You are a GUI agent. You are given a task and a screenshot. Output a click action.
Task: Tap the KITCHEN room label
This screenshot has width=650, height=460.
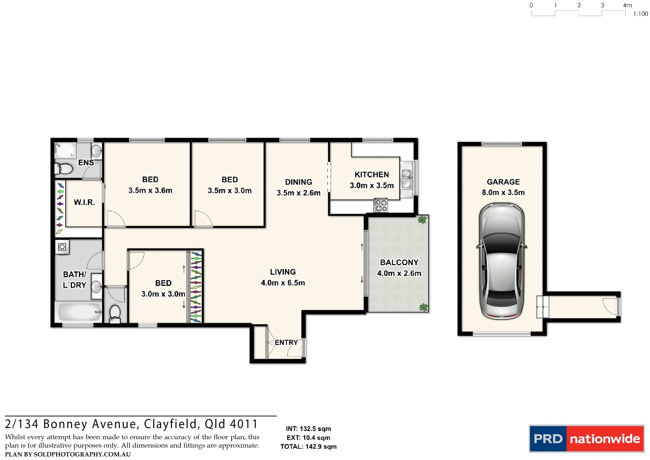(372, 175)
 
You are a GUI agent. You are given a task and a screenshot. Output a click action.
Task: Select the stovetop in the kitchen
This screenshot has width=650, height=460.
(381, 206)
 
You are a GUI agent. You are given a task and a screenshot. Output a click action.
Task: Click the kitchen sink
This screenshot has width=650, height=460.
(407, 178)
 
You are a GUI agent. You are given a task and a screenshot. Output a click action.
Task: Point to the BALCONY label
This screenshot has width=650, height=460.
(399, 262)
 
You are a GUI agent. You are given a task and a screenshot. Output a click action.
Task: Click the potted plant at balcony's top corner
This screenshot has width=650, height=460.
(422, 220)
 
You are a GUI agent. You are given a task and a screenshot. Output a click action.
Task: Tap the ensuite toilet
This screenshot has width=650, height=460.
(64, 169)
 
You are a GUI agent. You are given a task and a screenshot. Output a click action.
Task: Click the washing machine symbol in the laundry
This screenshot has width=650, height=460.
(62, 247)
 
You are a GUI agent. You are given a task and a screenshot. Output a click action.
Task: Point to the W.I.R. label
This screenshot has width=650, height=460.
(84, 202)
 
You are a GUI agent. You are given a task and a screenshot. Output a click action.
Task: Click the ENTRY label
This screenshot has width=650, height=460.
(286, 342)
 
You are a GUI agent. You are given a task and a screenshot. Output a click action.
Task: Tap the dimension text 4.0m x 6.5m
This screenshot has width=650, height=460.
(283, 283)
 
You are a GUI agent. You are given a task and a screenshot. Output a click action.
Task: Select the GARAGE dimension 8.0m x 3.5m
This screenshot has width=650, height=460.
(503, 193)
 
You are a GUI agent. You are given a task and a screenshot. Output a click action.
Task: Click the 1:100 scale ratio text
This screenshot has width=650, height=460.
(640, 14)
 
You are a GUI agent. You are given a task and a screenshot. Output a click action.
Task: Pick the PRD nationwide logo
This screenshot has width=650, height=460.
(586, 438)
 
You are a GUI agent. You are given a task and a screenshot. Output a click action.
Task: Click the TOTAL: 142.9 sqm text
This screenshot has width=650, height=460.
(308, 447)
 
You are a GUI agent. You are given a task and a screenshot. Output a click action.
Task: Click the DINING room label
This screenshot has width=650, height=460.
(298, 182)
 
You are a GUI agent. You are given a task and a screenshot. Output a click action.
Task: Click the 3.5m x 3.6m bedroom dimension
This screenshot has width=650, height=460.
(150, 190)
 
